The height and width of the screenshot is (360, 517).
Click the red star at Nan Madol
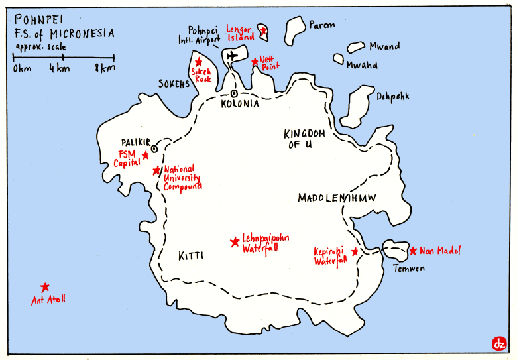pyautogui.click(x=413, y=251)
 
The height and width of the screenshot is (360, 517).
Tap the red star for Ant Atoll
pyautogui.click(x=44, y=288)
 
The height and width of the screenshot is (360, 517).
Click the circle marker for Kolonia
pyautogui.click(x=234, y=93)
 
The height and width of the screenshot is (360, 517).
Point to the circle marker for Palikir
pyautogui.click(x=154, y=148)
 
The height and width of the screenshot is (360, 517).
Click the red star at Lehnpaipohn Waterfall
pyautogui.click(x=234, y=242)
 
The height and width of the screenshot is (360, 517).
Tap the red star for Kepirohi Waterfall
pyautogui.click(x=355, y=252)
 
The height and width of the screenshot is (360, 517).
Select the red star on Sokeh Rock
pyautogui.click(x=198, y=61)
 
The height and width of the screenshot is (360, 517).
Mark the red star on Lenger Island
pyautogui.click(x=263, y=30)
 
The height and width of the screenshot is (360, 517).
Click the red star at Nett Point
pyautogui.click(x=255, y=62)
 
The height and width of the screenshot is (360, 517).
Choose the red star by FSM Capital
pyautogui.click(x=145, y=156)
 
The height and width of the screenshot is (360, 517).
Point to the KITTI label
pyautogui.click(x=190, y=255)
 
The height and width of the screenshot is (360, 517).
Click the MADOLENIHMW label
pyautogui.click(x=337, y=198)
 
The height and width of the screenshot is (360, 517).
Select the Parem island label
pyautogui.click(x=322, y=25)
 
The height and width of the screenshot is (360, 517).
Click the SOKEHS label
pyautogui.click(x=174, y=84)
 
